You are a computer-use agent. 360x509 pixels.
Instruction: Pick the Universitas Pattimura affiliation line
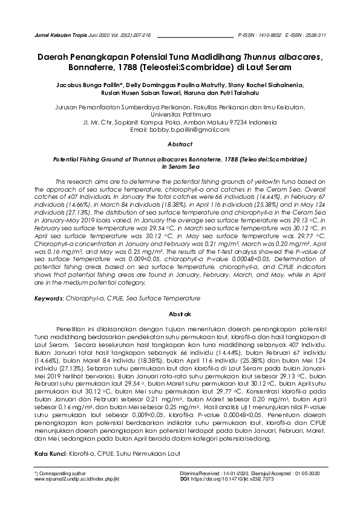pos(180,114)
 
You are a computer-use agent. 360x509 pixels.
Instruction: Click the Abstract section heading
pos(180,145)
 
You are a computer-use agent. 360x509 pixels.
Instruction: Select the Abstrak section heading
pos(180,314)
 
